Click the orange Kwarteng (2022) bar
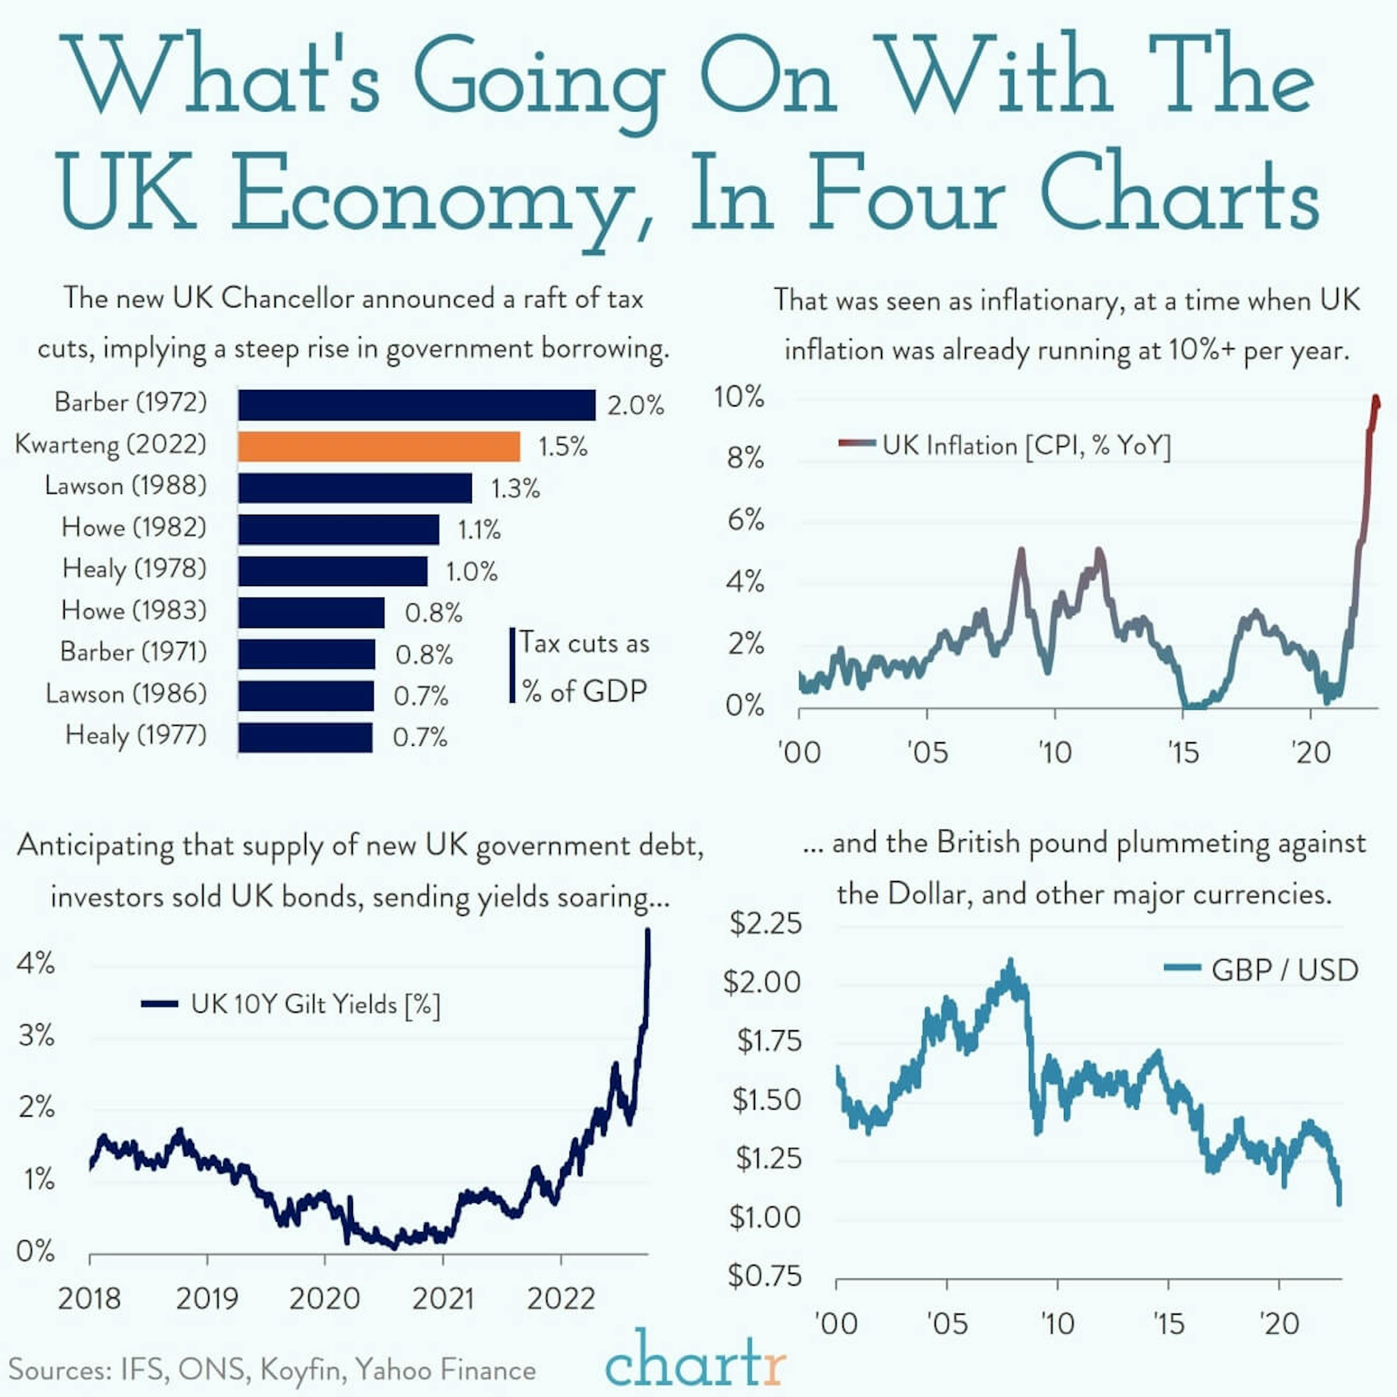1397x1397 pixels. (x=379, y=446)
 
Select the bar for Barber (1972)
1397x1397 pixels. (x=417, y=405)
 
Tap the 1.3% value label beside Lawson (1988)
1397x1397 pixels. (x=515, y=489)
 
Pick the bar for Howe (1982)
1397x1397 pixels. (x=338, y=529)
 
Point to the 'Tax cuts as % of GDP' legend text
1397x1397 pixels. (x=584, y=667)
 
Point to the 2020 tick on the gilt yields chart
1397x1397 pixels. (x=325, y=1299)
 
